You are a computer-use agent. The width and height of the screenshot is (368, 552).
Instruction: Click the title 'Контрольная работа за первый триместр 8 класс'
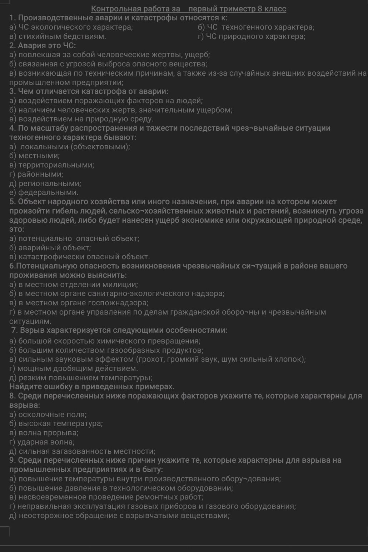tap(189, 9)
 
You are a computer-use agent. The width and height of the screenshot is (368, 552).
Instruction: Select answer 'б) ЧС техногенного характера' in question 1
tap(256, 27)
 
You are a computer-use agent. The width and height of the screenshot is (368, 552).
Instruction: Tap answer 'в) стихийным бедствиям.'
tap(58, 36)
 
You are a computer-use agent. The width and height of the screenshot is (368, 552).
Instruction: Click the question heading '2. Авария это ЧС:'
tap(43, 45)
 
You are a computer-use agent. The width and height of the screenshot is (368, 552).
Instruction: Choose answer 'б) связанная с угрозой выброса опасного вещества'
tap(108, 64)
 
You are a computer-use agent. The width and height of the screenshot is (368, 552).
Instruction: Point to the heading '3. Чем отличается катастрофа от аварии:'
tap(89, 91)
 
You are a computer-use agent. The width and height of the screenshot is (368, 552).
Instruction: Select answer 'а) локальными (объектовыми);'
tap(70, 146)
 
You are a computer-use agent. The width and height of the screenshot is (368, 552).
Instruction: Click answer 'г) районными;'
tap(36, 174)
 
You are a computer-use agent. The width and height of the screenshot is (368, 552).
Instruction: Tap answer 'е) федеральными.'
tap(44, 192)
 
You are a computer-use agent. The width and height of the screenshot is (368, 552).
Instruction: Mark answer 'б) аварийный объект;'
tap(50, 247)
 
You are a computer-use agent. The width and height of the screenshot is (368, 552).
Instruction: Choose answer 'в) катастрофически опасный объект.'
tap(79, 257)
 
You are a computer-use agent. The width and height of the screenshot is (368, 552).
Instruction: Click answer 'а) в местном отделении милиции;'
tap(74, 285)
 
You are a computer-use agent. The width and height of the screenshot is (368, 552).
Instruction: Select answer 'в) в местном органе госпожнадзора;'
tap(79, 303)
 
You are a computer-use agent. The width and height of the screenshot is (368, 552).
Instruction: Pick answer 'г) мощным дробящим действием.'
tap(74, 368)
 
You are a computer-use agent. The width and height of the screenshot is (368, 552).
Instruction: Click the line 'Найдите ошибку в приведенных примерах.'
tap(92, 387)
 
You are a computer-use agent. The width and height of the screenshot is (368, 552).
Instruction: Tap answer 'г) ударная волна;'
tap(42, 442)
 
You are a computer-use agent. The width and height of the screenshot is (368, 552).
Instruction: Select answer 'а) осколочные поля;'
tap(48, 415)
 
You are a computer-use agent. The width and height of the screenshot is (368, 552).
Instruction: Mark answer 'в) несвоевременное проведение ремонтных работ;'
tap(106, 497)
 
